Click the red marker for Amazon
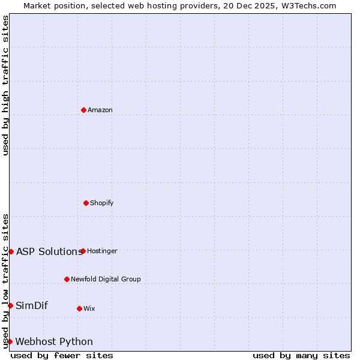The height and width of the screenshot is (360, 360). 83,110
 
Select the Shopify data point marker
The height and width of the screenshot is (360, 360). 86,203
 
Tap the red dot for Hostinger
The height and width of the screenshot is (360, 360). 83,251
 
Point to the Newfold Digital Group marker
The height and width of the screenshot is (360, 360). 67,279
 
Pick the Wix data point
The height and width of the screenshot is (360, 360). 79,308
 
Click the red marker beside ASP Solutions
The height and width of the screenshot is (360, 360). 11,251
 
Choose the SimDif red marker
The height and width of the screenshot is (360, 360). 10,305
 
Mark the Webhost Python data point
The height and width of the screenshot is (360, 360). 10,341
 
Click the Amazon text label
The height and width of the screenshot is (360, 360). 100,110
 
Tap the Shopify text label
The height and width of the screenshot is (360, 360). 102,203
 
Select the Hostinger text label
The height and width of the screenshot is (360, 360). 102,251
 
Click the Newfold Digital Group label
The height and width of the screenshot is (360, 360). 106,279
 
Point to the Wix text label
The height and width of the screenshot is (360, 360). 89,308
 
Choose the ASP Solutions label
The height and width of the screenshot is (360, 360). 49,251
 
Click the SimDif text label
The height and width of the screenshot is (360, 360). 32,305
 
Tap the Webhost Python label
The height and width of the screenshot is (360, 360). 54,341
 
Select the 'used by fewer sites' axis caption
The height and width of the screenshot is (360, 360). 62,355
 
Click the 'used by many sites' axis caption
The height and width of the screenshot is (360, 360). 301,355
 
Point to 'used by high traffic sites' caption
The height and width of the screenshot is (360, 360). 5,85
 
